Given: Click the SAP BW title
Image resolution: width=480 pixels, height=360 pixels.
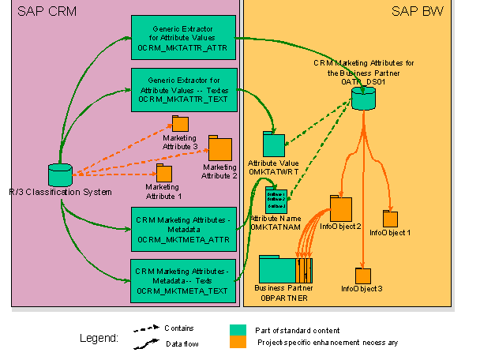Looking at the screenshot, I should coord(416,11).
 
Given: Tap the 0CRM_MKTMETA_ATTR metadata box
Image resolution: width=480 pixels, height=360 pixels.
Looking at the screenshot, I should coord(182,227).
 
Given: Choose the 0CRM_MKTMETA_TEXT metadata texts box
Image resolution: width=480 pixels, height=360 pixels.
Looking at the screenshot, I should coord(182,279).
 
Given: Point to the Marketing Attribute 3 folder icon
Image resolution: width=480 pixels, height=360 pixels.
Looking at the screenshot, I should coord(180,124).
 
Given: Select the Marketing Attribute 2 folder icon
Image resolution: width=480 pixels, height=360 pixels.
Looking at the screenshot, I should coord(219,148).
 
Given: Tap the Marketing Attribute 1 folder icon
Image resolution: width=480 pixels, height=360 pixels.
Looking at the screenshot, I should coord(163,173).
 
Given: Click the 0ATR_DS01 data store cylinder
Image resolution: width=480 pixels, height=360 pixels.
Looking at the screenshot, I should coord(363,99).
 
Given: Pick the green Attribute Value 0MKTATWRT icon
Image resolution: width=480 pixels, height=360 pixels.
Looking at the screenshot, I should coord(273,145).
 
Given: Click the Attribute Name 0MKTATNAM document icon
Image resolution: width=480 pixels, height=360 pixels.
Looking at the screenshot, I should coord(276,200).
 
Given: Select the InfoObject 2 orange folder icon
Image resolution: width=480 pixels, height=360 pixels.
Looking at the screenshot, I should coord(340,208).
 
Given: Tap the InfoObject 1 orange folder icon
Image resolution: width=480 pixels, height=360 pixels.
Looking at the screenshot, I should coord(389,219).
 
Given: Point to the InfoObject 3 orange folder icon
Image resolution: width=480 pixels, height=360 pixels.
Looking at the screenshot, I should coord(362,276).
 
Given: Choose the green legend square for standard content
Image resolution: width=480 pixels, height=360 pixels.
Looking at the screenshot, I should coord(237,330).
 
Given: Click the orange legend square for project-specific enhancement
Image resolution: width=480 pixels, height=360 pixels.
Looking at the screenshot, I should coord(237,342).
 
